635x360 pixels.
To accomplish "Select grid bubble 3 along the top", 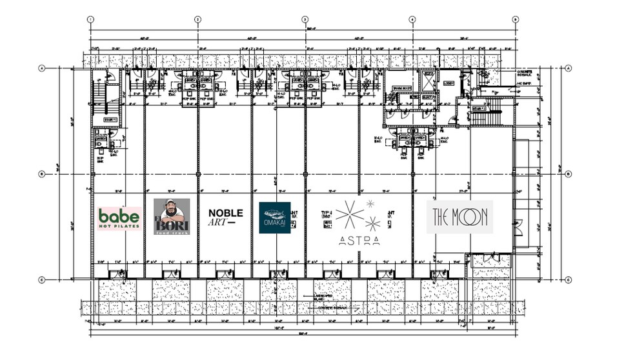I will pos(305,19).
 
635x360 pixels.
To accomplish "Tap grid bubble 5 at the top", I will pos(515,19).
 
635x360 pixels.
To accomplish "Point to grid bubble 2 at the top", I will pos(197,19).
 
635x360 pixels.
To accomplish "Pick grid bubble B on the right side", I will pos(568,174).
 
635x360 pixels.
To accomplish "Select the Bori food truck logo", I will pos(171,217).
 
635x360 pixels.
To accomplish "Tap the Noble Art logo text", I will pos(225,217).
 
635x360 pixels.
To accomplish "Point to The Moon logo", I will pos(460,217).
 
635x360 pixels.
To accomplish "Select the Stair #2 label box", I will pos(478,110).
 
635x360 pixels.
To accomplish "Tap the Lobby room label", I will pos(449,83).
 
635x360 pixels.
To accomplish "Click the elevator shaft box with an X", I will pos(428,82).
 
